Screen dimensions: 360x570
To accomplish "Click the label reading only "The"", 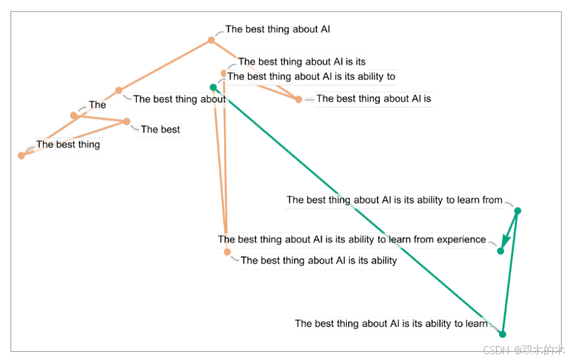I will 97,105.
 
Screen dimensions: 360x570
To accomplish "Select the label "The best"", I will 160,130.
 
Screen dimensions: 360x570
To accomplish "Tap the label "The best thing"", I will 68,145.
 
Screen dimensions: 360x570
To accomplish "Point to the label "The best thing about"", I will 179,100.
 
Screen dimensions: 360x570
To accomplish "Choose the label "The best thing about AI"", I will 277,30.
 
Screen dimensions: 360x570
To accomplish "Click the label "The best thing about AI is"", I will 373,99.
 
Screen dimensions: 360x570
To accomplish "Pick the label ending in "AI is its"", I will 301,62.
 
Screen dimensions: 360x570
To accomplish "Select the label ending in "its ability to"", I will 311,76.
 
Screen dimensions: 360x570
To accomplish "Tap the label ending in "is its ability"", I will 318,260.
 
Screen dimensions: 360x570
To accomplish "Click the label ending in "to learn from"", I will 394,200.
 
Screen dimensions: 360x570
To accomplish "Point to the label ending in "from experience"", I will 352,239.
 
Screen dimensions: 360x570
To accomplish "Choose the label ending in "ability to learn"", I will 391,323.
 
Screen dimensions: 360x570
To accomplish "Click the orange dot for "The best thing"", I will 21,155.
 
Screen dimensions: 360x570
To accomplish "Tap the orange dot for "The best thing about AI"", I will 211,40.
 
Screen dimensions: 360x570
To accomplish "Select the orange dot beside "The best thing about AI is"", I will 299,100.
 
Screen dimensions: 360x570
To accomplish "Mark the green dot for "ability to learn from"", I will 517,211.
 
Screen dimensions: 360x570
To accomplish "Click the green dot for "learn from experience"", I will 500,251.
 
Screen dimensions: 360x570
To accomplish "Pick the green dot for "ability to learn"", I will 502,334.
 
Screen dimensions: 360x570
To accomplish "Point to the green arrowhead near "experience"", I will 504,241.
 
